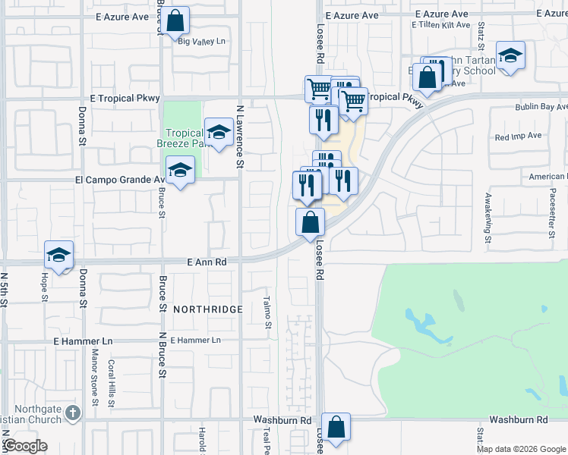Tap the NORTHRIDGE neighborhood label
pyautogui.click(x=207, y=309)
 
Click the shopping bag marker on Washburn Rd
pyautogui.click(x=336, y=426)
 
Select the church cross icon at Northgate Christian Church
pyautogui.click(x=72, y=413)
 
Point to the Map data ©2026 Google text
pyautogui.click(x=521, y=449)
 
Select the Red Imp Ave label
pyautogui.click(x=518, y=136)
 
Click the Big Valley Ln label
pyautogui.click(x=202, y=42)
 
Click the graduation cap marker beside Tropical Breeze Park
pyautogui.click(x=219, y=132)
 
